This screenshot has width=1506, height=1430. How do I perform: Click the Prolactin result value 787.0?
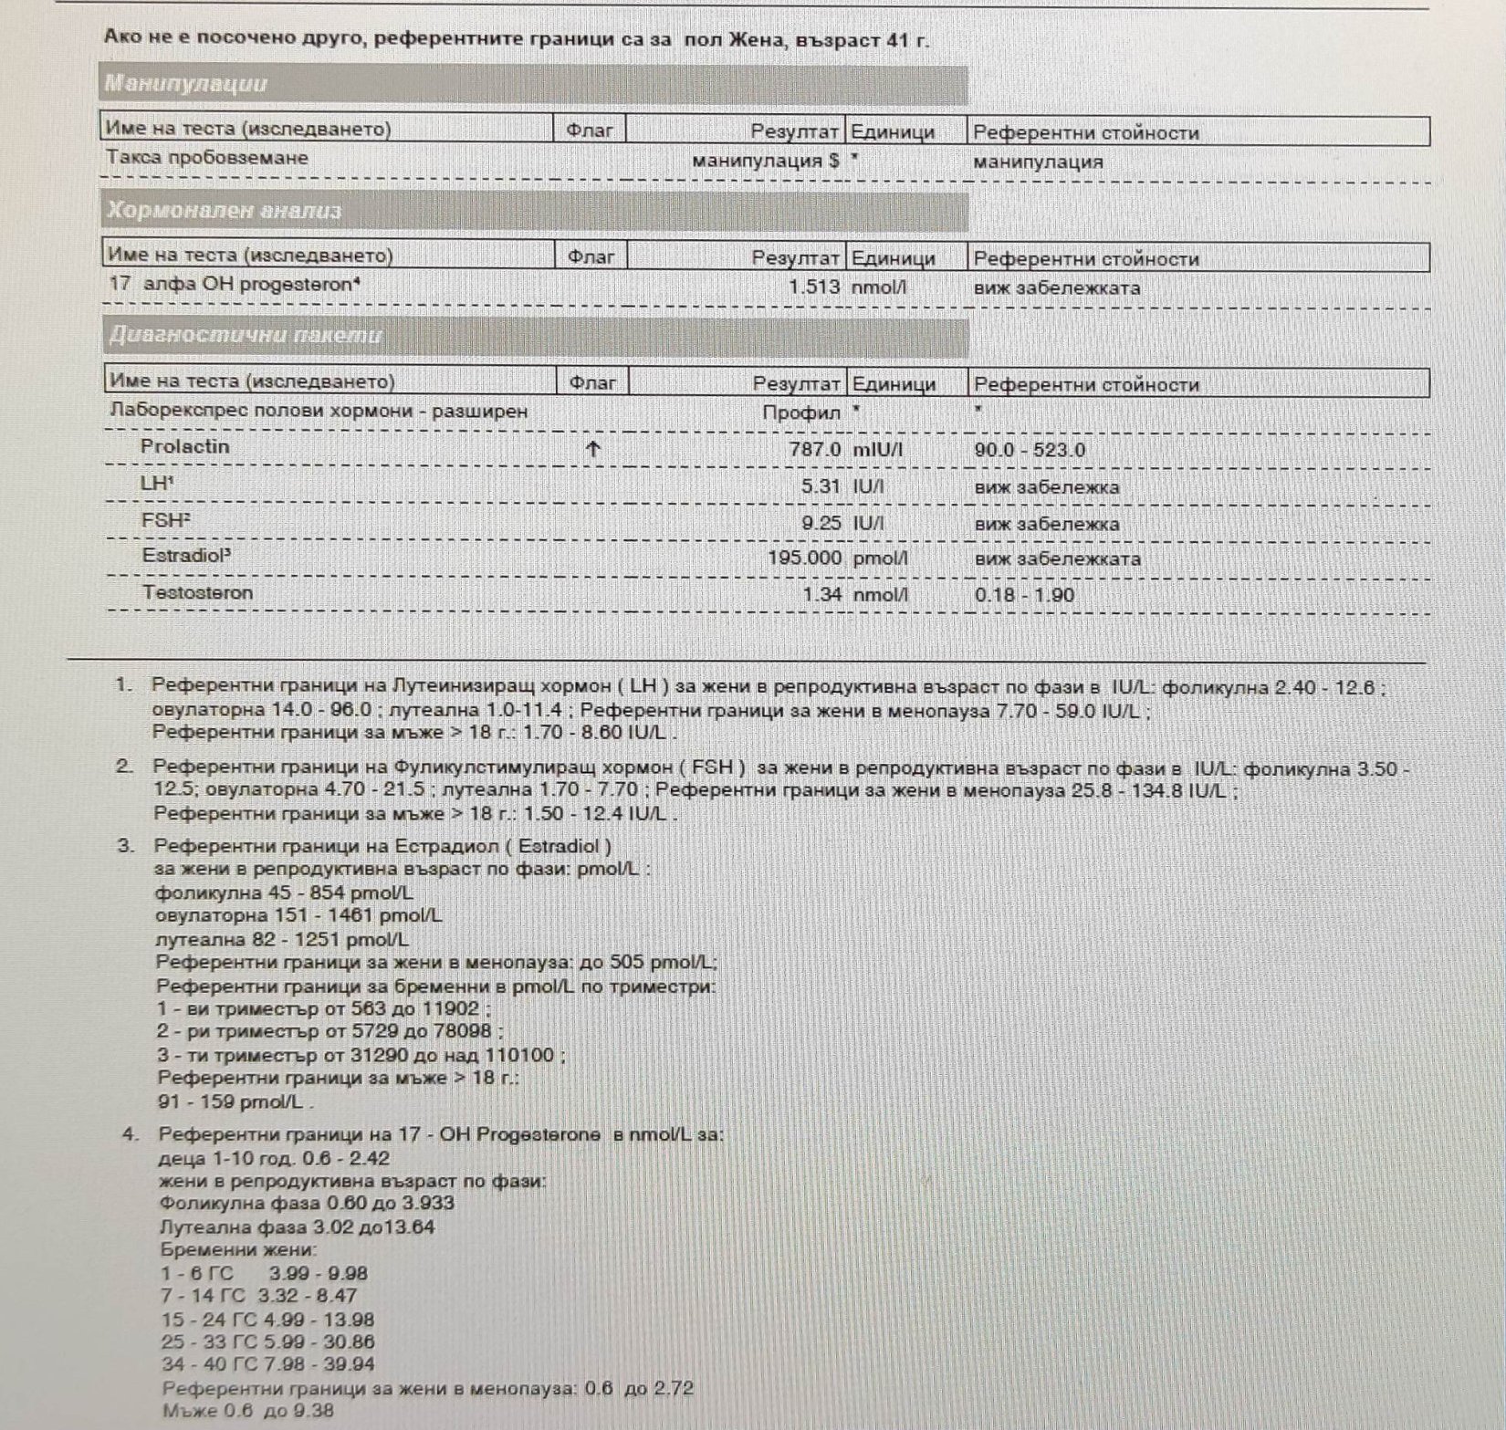(x=814, y=450)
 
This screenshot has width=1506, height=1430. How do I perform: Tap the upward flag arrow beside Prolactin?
(x=593, y=449)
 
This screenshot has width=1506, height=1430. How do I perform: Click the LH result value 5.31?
(x=820, y=486)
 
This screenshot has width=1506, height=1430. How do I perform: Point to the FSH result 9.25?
(x=820, y=523)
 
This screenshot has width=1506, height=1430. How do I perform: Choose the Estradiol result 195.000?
(x=804, y=558)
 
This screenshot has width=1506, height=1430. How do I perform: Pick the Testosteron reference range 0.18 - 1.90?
(x=1024, y=595)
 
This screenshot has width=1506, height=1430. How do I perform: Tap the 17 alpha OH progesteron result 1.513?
(x=814, y=287)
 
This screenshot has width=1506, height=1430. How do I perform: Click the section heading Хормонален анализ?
(x=224, y=211)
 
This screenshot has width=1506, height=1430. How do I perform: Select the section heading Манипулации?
(x=185, y=84)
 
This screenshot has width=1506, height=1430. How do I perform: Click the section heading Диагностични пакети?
(x=246, y=336)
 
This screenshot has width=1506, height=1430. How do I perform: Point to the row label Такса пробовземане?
(x=207, y=158)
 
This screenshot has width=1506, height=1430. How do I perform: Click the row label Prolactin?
(x=184, y=447)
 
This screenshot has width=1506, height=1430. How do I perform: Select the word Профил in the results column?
(x=800, y=412)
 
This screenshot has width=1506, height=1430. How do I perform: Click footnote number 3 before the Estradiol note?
(x=126, y=846)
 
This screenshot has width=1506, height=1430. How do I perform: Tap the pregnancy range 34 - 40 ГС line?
(x=267, y=1364)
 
